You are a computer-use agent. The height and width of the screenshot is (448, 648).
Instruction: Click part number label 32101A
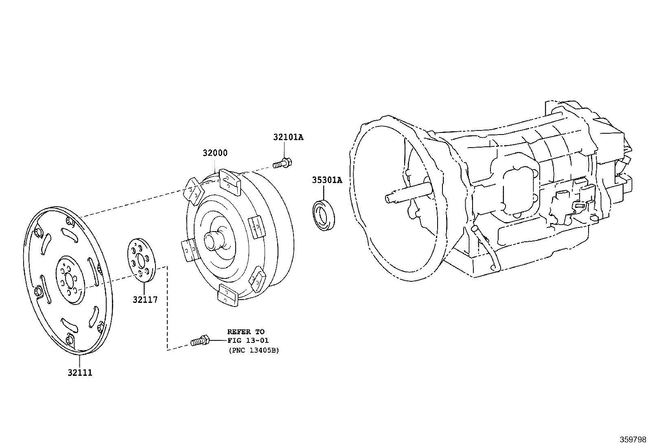pos(288,137)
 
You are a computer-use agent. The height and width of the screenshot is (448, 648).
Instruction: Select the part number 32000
pos(215,153)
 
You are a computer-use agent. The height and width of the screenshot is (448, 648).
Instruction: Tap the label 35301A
pos(327,180)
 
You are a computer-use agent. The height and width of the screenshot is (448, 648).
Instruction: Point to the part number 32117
pos(145,300)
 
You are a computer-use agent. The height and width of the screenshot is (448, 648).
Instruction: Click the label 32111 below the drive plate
pos(80,373)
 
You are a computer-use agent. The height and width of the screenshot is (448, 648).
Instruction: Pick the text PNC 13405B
pos(253,350)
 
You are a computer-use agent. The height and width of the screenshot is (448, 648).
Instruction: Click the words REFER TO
pos(245,332)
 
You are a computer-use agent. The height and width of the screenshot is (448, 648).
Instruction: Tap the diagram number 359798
pos(633,439)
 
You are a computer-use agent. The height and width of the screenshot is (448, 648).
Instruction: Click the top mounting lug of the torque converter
pos(230,179)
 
